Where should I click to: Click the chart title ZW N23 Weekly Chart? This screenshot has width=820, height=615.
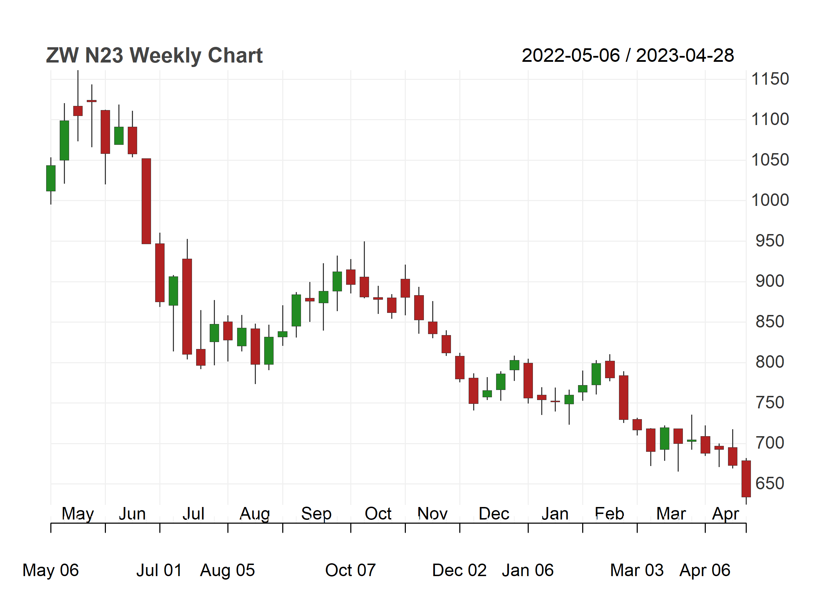pyautogui.click(x=154, y=56)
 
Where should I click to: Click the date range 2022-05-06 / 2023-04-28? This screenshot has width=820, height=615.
pyautogui.click(x=628, y=56)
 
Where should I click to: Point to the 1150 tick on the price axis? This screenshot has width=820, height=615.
pyautogui.click(x=770, y=79)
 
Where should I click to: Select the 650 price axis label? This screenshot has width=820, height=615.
pyautogui.click(x=770, y=484)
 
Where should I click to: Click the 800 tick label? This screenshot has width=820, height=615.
pyautogui.click(x=770, y=362)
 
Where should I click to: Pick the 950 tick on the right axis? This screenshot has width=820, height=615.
pyautogui.click(x=770, y=241)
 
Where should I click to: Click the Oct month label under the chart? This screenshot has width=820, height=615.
pyautogui.click(x=378, y=514)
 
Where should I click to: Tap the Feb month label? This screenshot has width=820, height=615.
pyautogui.click(x=609, y=514)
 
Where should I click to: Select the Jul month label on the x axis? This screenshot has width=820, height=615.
pyautogui.click(x=193, y=514)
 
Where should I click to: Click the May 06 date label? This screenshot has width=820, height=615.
pyautogui.click(x=51, y=571)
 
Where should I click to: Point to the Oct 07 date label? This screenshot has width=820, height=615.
pyautogui.click(x=350, y=571)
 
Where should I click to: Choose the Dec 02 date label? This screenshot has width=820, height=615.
pyautogui.click(x=459, y=571)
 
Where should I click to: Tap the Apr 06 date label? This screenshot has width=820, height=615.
pyautogui.click(x=705, y=571)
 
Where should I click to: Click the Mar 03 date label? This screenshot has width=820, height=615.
pyautogui.click(x=637, y=571)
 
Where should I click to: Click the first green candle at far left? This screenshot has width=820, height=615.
pyautogui.click(x=51, y=178)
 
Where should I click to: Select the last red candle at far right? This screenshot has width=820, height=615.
pyautogui.click(x=746, y=479)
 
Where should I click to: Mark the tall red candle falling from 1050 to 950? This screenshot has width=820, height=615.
pyautogui.click(x=147, y=201)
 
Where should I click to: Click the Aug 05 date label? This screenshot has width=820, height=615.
pyautogui.click(x=228, y=571)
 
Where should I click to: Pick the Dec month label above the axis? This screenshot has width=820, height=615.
pyautogui.click(x=494, y=514)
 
